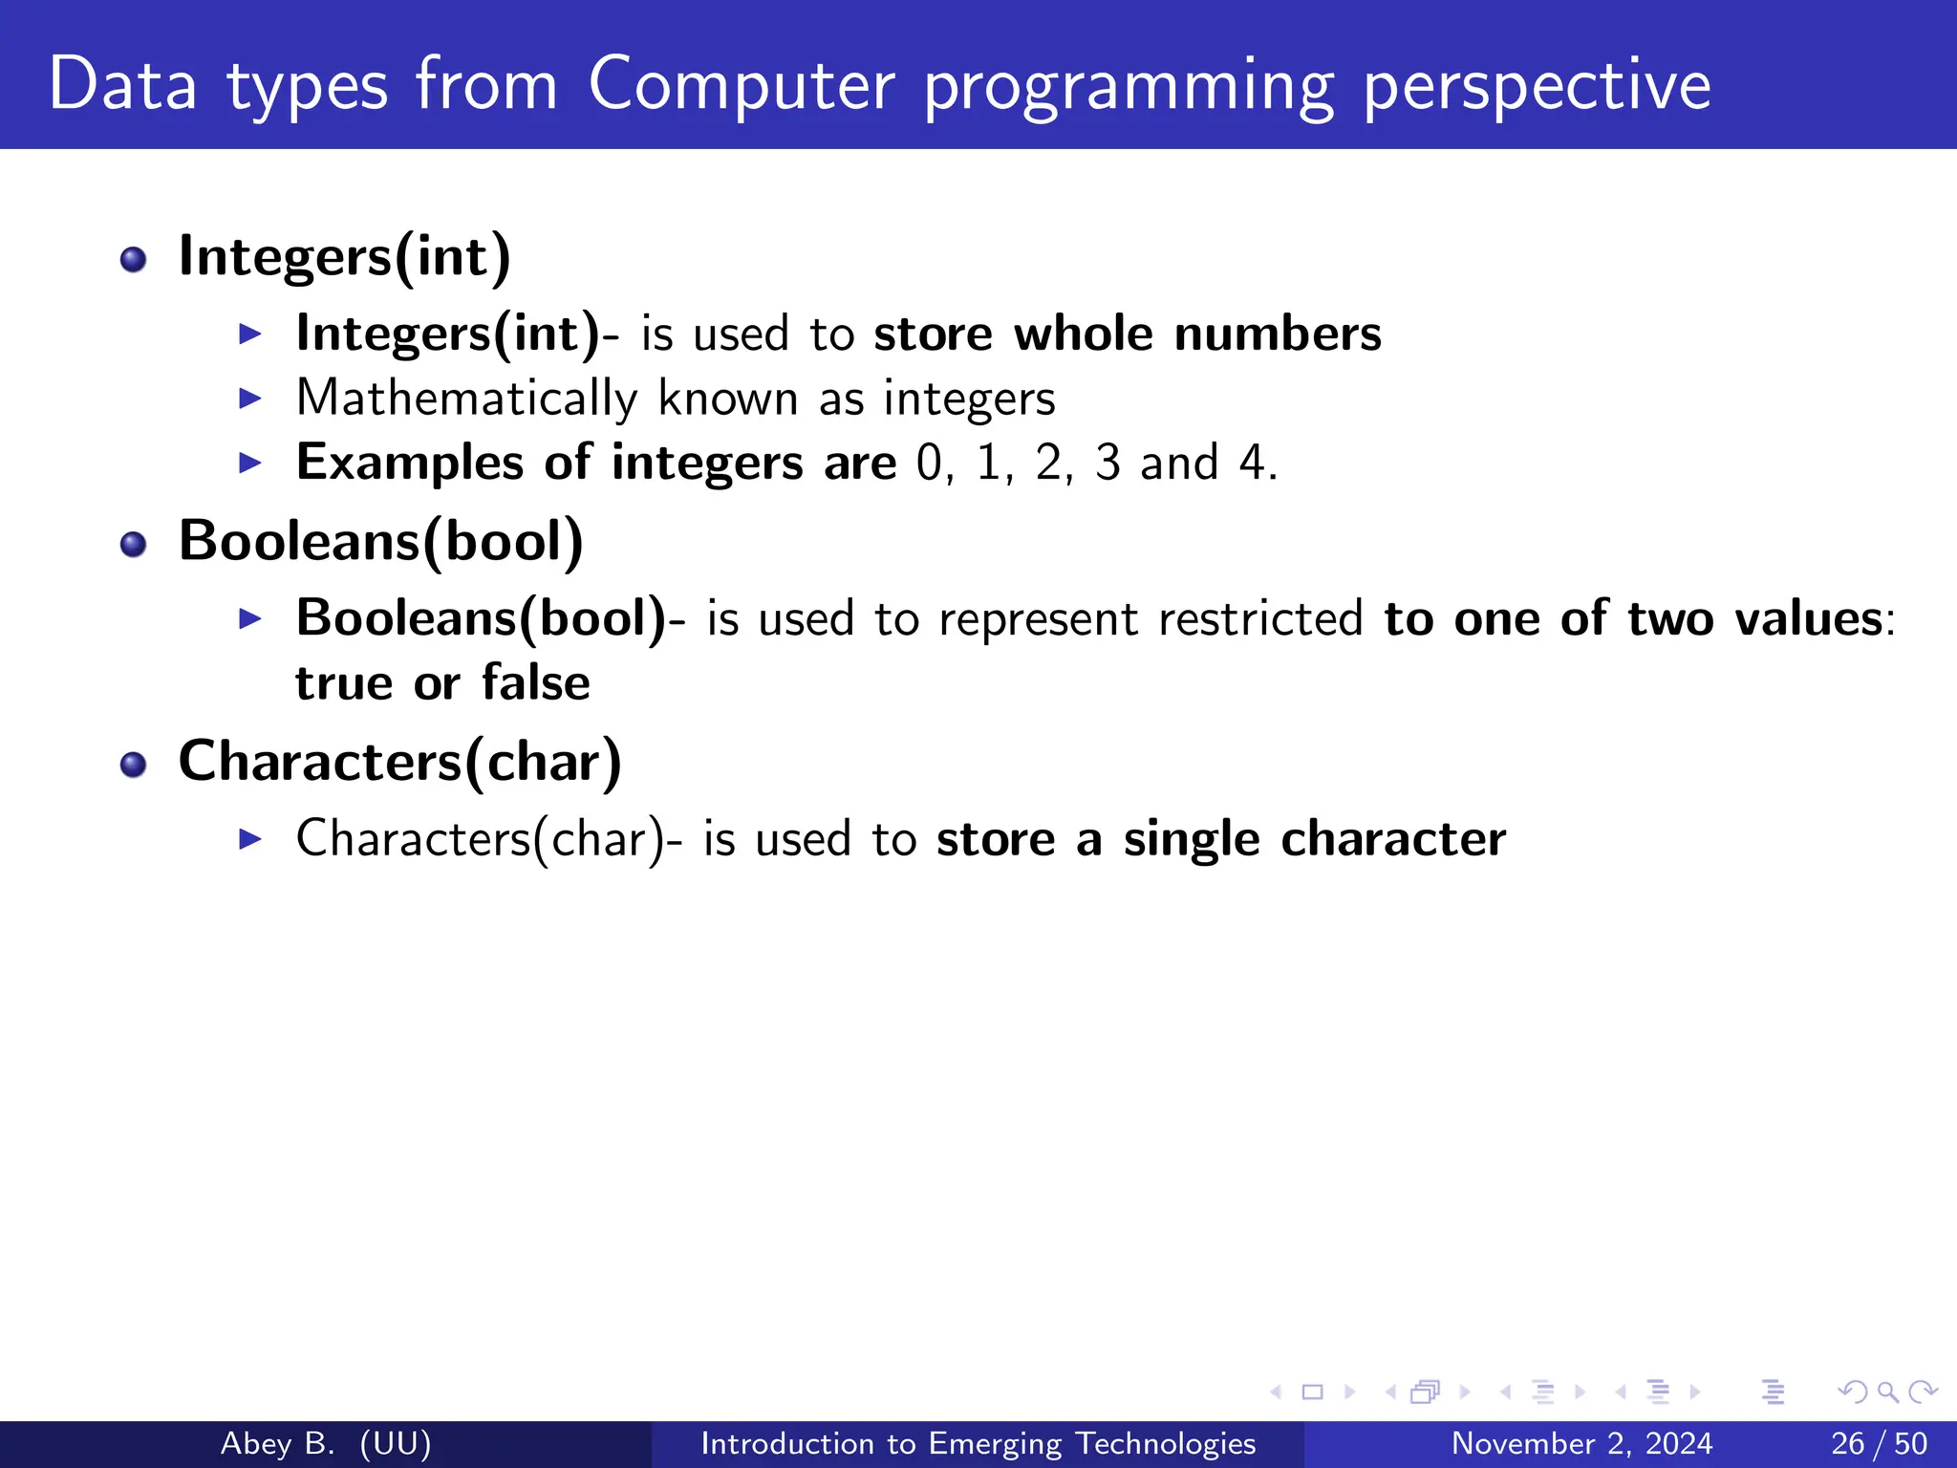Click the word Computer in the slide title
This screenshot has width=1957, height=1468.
741,86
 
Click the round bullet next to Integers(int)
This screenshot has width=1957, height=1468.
134,259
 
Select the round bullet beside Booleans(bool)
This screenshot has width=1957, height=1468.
134,544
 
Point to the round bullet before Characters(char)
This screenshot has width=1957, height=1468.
134,765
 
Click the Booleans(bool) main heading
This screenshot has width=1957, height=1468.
380,542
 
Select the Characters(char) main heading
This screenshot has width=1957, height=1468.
399,763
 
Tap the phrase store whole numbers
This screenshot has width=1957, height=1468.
1127,335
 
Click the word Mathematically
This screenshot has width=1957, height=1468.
466,399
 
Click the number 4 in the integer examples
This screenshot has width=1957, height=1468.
1252,464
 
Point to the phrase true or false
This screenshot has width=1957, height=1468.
442,683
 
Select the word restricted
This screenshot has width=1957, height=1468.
1259,619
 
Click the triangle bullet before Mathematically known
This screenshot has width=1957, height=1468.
250,399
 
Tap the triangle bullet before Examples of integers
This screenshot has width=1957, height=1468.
250,464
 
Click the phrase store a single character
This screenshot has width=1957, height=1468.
1220,840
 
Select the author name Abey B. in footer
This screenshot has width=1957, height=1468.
277,1443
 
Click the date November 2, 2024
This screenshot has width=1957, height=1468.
1581,1443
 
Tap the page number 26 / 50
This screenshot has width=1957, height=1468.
1879,1443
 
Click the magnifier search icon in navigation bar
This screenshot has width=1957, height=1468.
1887,1392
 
